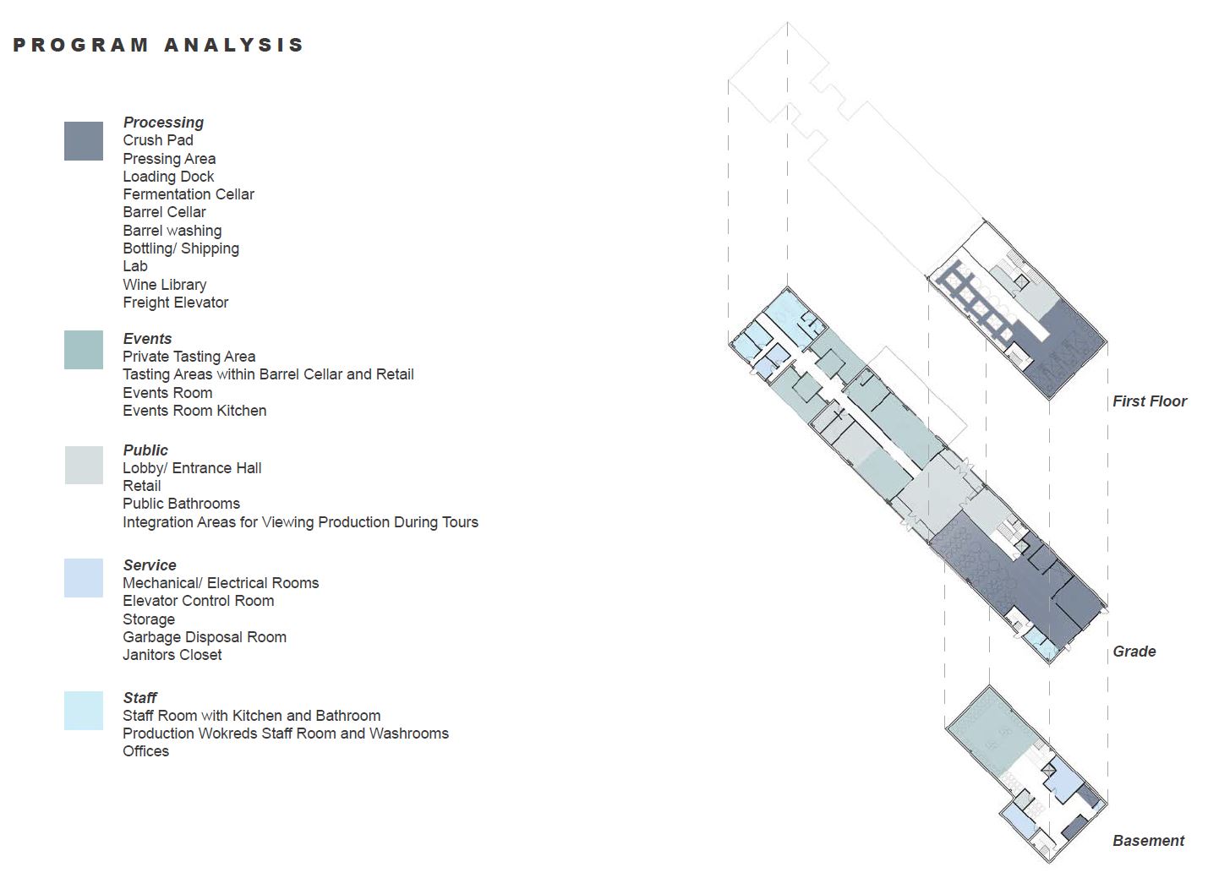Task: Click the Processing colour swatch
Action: click(84, 141)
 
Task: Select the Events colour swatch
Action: click(84, 350)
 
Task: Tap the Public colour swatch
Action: click(84, 465)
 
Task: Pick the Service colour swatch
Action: click(84, 578)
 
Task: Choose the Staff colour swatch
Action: click(84, 711)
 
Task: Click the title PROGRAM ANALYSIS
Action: click(159, 45)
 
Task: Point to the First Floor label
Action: click(1149, 401)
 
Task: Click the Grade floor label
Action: click(1134, 652)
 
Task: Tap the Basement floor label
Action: click(1148, 841)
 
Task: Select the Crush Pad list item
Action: click(158, 140)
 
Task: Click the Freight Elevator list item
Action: click(176, 303)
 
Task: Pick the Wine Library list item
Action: click(165, 285)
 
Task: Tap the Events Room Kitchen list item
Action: click(194, 411)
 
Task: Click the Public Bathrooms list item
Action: click(181, 504)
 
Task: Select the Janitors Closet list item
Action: click(172, 654)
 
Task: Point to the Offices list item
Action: click(145, 751)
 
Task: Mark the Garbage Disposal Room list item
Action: click(205, 636)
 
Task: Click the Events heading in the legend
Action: click(147, 339)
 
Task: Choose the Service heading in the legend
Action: click(150, 565)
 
